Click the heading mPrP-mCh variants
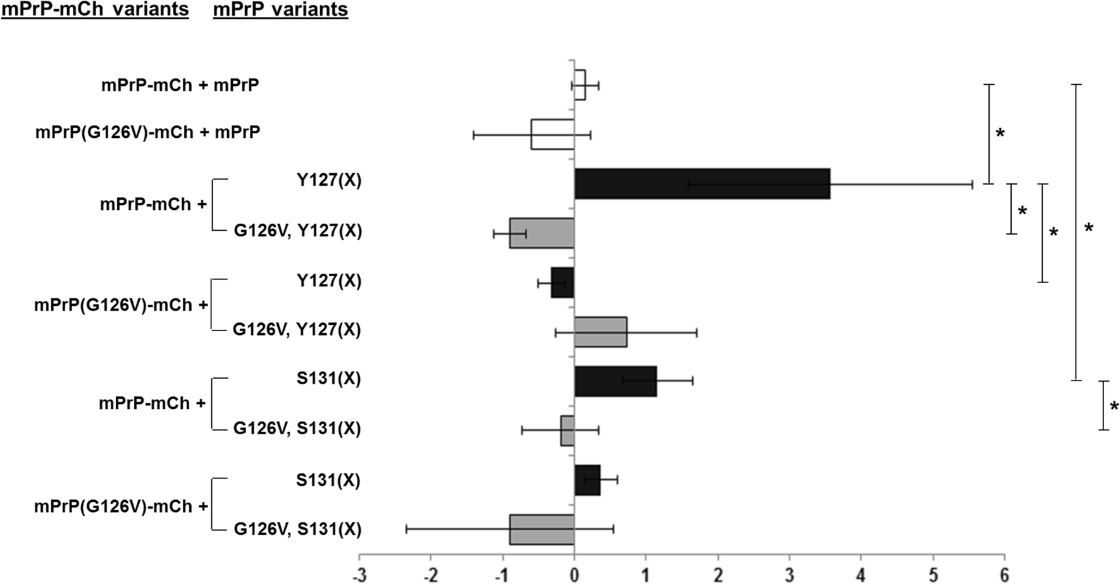click(x=95, y=10)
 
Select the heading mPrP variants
click(x=280, y=10)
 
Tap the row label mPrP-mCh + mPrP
click(x=180, y=85)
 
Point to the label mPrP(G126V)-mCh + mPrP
click(x=147, y=133)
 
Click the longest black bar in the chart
click(x=702, y=184)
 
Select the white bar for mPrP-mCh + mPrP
click(x=580, y=85)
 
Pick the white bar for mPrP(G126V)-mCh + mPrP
click(x=552, y=134)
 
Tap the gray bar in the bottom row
click(x=542, y=530)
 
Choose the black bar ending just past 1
click(x=615, y=381)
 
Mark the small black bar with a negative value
click(x=563, y=283)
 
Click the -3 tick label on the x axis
click(x=359, y=575)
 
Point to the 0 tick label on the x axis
click(x=574, y=575)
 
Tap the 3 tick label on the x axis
click(x=789, y=575)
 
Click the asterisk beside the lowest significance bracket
click(x=1114, y=406)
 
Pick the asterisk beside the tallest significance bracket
click(x=1088, y=228)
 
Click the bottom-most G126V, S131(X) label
click(x=297, y=529)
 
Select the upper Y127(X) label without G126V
click(x=329, y=181)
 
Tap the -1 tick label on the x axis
click(x=501, y=575)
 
